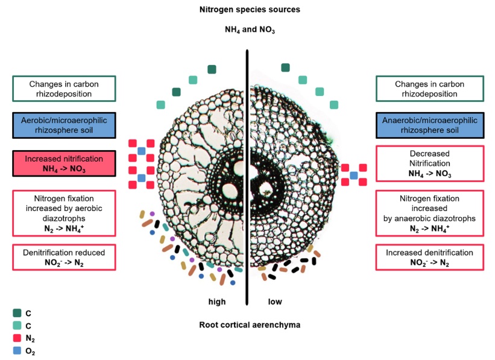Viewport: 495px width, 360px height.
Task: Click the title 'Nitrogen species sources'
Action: [250, 10]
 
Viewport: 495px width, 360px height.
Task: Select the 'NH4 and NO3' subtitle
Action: [250, 30]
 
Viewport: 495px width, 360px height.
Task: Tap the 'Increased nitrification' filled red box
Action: [64, 163]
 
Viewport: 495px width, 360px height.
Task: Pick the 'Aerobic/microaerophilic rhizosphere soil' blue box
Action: [64, 125]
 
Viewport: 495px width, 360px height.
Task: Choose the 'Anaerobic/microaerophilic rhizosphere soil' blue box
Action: [430, 125]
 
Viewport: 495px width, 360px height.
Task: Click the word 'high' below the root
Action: [217, 302]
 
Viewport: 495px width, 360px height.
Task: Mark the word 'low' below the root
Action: [275, 302]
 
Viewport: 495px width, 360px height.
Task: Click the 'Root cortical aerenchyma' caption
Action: [250, 325]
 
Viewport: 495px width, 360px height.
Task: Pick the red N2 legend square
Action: [17, 338]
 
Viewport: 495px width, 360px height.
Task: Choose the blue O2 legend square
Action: [17, 350]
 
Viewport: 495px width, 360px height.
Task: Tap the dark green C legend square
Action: [17, 313]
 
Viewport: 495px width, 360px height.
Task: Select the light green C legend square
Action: [17, 325]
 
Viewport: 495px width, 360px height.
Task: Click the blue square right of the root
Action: [354, 175]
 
